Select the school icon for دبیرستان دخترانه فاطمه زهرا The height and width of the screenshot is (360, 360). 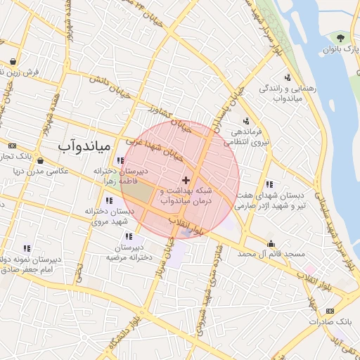(x=120, y=161)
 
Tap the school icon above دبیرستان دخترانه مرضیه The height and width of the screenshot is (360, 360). (x=129, y=236)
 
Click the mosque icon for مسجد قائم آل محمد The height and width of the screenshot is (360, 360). (x=271, y=244)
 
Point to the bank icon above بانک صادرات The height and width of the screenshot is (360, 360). (x=330, y=311)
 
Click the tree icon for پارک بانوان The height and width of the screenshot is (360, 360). (x=342, y=37)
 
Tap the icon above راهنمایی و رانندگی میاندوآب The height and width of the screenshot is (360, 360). (x=288, y=77)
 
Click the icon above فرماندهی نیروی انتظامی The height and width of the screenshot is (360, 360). (x=246, y=120)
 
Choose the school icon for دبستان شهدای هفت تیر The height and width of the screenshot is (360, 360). (x=270, y=184)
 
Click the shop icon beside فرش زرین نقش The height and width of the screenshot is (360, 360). (x=14, y=61)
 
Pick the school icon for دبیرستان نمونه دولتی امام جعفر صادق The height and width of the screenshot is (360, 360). (x=27, y=248)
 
